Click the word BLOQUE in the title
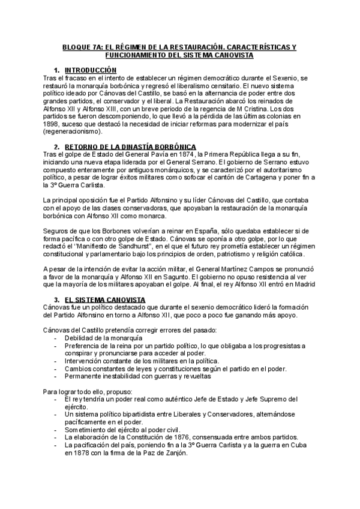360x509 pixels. coord(76,46)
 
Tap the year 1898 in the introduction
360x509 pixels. coord(53,123)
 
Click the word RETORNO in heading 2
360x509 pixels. coord(80,147)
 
